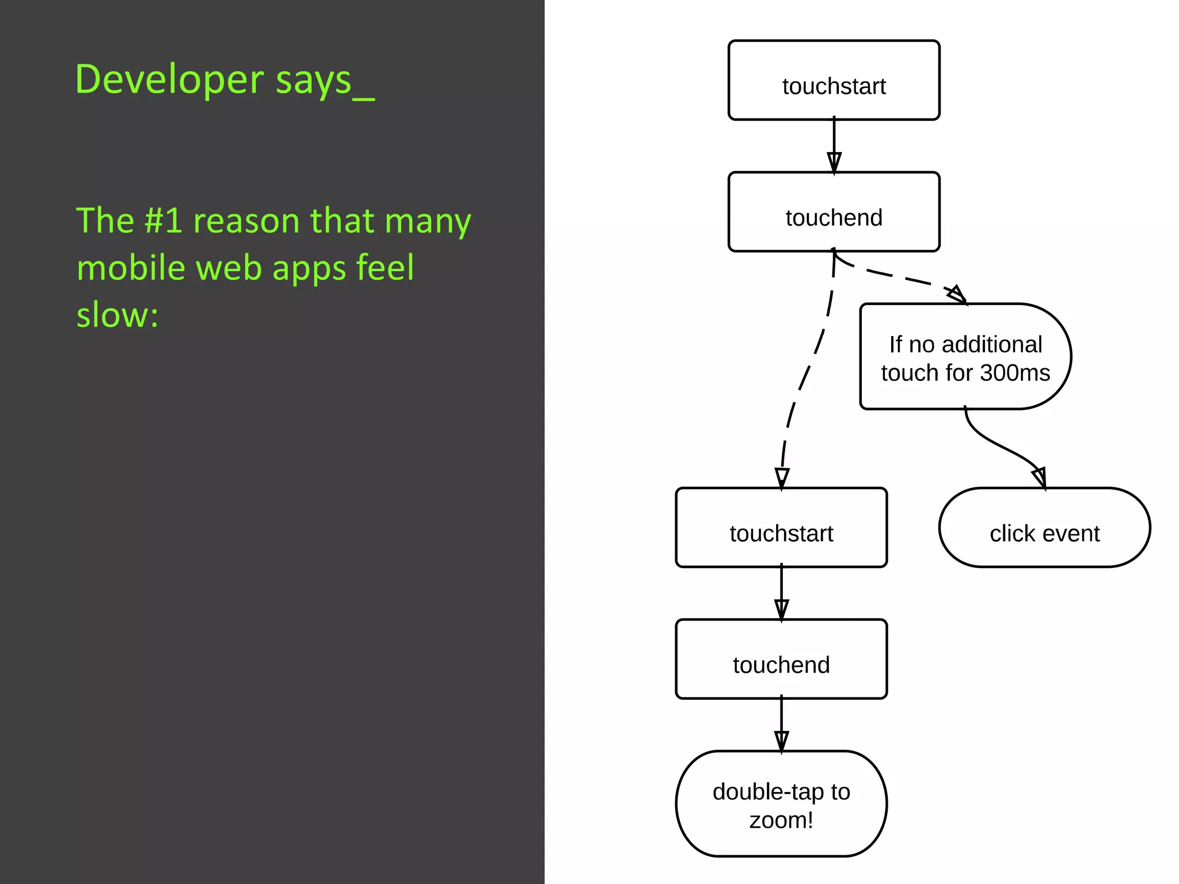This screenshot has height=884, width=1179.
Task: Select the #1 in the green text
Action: click(x=163, y=220)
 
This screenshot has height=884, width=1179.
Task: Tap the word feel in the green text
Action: click(x=385, y=268)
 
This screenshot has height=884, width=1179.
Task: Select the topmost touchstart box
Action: click(x=834, y=81)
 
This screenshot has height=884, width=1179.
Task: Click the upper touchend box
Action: click(x=834, y=212)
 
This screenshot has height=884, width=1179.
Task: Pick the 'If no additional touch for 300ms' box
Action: click(x=965, y=357)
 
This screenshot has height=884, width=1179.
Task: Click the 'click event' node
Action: click(x=1044, y=528)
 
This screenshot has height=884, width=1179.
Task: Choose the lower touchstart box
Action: click(x=781, y=528)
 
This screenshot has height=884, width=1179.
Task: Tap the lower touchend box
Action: click(x=781, y=659)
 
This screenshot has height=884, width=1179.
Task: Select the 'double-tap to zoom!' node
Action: click(x=781, y=804)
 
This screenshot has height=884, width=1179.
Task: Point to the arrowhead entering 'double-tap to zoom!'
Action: click(x=781, y=741)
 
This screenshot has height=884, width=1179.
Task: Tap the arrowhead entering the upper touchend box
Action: click(x=834, y=162)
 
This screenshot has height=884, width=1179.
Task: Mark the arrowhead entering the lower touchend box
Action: click(x=781, y=609)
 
